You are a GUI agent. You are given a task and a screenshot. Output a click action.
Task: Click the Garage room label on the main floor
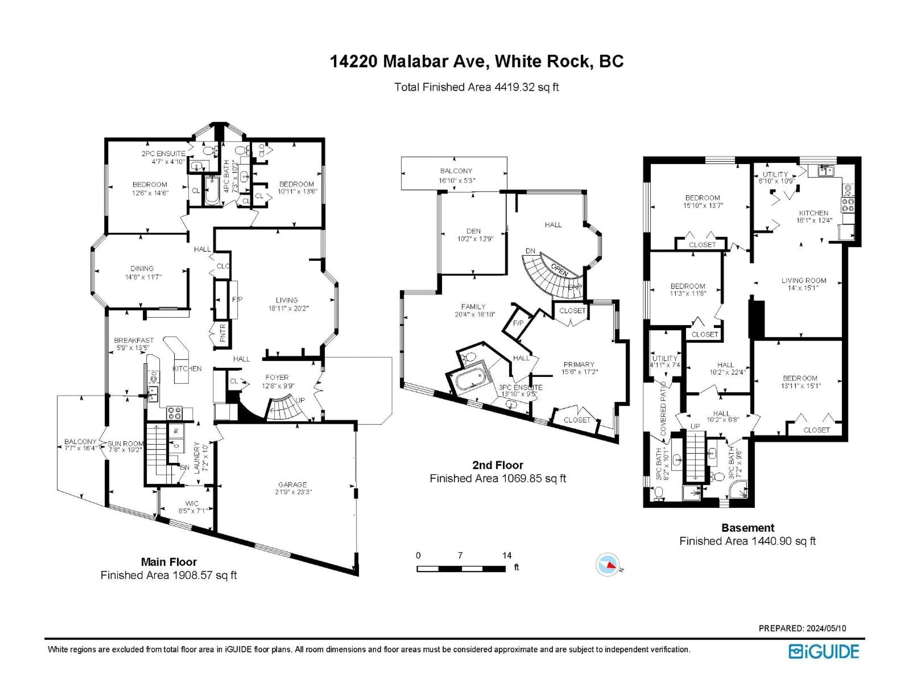292,485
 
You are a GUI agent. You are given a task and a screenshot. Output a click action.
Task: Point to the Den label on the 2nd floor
473,231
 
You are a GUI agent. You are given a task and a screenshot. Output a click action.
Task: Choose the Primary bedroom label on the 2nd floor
579,364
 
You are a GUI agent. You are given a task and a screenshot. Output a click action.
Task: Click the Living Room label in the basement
804,280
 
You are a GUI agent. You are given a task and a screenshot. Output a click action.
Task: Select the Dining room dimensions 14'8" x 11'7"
143,277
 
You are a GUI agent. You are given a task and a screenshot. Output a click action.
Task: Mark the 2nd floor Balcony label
456,171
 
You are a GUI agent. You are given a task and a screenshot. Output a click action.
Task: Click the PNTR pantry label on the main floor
223,333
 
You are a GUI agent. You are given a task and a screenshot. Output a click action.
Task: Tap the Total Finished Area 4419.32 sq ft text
476,87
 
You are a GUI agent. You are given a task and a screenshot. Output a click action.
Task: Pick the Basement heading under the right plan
747,528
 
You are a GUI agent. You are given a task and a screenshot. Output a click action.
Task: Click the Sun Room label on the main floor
125,443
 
